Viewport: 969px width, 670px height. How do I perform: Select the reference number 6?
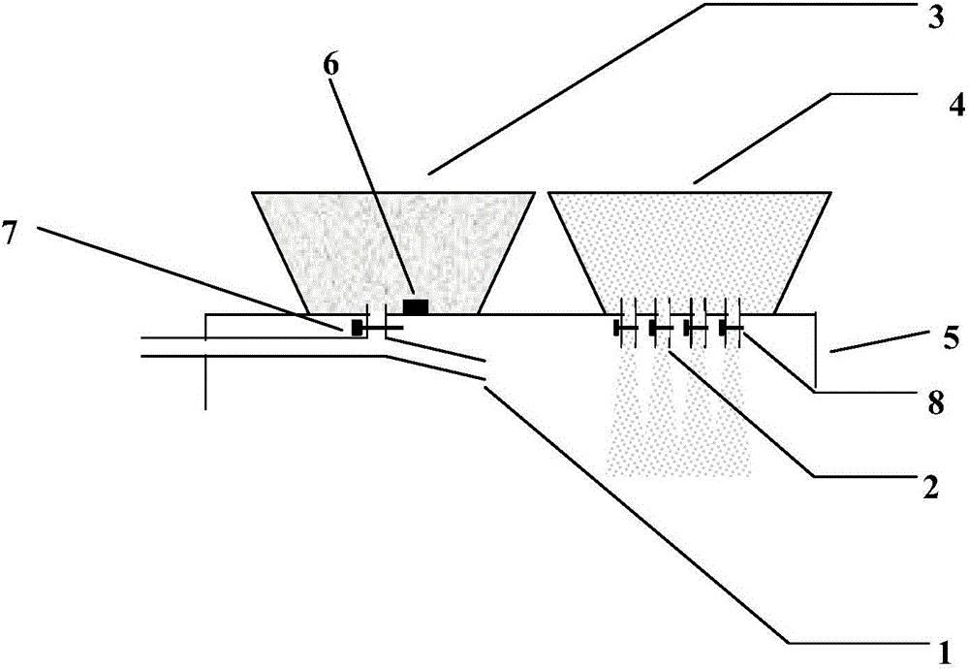(331, 65)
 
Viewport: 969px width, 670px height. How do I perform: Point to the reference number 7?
(11, 236)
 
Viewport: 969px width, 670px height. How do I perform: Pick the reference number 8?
(936, 403)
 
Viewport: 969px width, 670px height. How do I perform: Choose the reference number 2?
(930, 487)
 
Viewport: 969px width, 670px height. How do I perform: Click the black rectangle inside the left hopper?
(416, 306)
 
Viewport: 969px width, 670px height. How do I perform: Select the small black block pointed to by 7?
(357, 328)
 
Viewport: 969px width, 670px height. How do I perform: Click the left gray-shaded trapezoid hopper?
(393, 252)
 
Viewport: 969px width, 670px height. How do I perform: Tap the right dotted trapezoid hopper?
(690, 252)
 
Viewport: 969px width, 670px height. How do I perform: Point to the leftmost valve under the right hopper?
(625, 328)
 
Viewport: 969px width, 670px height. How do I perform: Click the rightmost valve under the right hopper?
(732, 328)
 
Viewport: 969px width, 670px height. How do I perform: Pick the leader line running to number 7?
(189, 279)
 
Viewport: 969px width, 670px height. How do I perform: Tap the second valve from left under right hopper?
(660, 328)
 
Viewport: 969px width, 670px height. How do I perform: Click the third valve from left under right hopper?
(696, 328)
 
